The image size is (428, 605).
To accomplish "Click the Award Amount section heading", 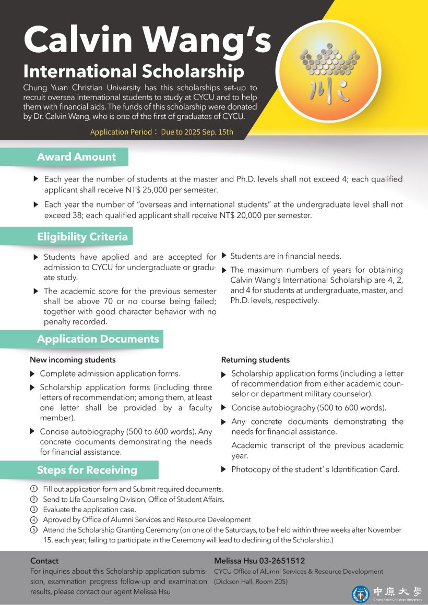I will (x=76, y=157).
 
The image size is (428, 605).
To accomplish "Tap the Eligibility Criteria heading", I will (x=82, y=237).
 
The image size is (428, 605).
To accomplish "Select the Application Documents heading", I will (x=98, y=339).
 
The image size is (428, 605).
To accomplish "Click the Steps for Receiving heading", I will (x=87, y=470).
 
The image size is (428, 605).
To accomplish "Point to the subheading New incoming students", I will (x=73, y=360).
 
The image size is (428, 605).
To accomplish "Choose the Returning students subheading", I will (x=255, y=360).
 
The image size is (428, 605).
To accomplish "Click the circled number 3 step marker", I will (x=34, y=510).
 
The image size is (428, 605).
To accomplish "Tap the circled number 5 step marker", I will (x=34, y=530).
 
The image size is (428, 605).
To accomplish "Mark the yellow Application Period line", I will (x=161, y=132).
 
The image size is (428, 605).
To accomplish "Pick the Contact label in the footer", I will (x=44, y=561).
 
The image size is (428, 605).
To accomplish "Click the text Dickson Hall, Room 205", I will (x=251, y=581).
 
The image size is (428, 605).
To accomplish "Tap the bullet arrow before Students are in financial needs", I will (x=224, y=256).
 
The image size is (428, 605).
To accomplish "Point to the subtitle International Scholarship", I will (x=134, y=71).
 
